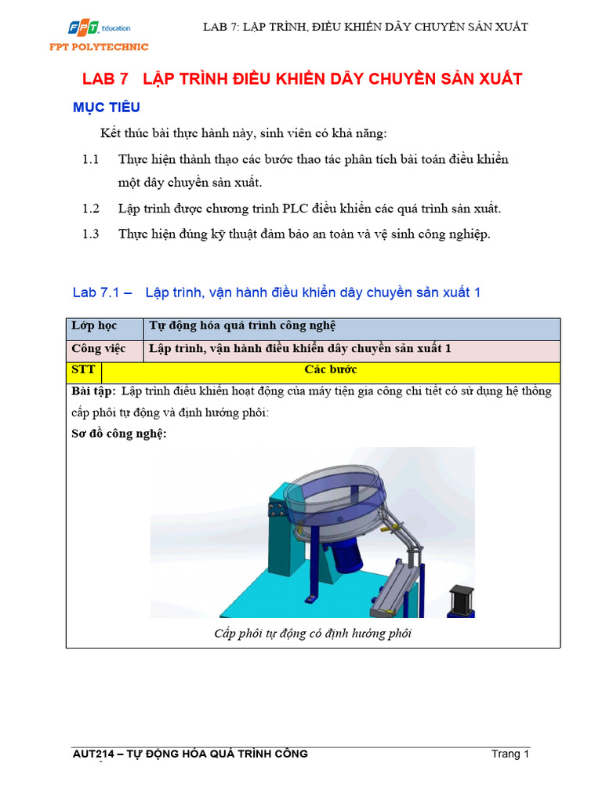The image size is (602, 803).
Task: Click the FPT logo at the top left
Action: click(x=82, y=29)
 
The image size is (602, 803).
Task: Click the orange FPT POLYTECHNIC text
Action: click(x=100, y=47)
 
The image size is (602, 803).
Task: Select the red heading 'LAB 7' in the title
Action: click(x=105, y=79)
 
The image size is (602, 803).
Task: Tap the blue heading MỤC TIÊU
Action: click(x=107, y=107)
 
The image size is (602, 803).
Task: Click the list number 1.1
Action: click(x=91, y=160)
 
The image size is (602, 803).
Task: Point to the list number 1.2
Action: click(x=91, y=209)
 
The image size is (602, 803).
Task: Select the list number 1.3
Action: click(x=91, y=234)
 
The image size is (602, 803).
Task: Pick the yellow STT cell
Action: click(x=82, y=369)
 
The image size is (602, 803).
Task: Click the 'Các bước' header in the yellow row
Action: click(x=330, y=369)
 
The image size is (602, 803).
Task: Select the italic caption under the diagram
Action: click(x=313, y=634)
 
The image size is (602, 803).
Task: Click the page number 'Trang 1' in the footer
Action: click(x=510, y=754)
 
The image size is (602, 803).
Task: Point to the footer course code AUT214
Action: click(x=92, y=754)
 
